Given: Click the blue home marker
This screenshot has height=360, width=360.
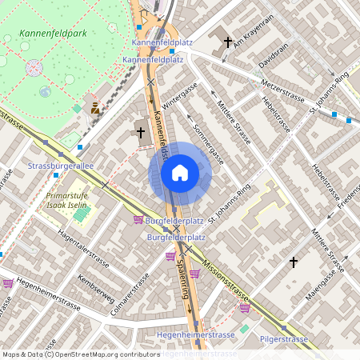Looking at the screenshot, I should pos(180,172).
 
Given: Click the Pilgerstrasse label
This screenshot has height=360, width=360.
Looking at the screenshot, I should pos(283,339).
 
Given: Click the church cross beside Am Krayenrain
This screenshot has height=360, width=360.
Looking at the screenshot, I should pos(228,41).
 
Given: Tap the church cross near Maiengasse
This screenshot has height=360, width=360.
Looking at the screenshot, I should pos(294,262).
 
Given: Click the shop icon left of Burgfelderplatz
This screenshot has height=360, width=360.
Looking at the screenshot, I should pos(138,219).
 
